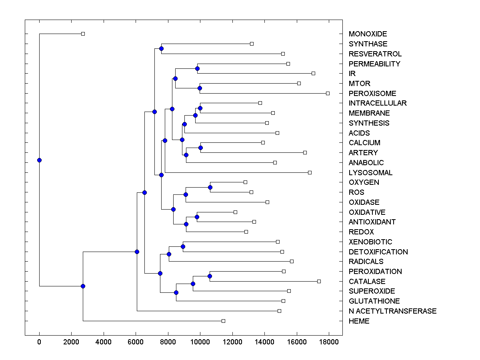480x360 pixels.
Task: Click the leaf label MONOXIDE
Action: [368, 34]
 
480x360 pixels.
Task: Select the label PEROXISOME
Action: [372, 93]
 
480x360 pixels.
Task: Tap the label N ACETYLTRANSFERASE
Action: [392, 311]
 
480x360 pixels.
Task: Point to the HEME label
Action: [359, 321]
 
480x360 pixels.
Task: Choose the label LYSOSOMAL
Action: [370, 172]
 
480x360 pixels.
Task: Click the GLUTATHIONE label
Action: [374, 301]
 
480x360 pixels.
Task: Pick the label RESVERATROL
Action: [375, 54]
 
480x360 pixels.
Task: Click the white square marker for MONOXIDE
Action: [83, 34]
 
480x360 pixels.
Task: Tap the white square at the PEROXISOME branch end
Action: [328, 93]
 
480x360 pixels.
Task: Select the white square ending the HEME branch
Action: [223, 321]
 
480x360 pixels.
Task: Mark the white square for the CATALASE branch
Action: [319, 281]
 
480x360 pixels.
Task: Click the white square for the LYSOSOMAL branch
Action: [310, 172]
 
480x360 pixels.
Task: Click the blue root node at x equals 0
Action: [39, 160]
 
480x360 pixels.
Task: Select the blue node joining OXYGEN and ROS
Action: [210, 187]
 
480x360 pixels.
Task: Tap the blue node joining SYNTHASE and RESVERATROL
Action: [161, 48]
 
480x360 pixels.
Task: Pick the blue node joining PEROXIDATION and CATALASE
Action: [210, 276]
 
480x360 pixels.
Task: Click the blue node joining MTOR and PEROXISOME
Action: [200, 88]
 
